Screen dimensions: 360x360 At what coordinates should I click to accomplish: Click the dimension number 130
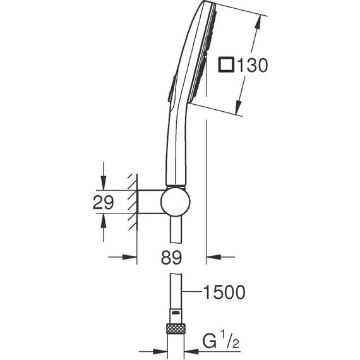253,65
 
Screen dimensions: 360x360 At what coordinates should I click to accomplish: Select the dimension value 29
103,202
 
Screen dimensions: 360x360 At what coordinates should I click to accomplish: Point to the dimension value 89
171,258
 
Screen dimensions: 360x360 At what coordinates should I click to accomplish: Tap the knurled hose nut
176,328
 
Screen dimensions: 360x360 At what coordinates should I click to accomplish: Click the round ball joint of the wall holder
176,202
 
